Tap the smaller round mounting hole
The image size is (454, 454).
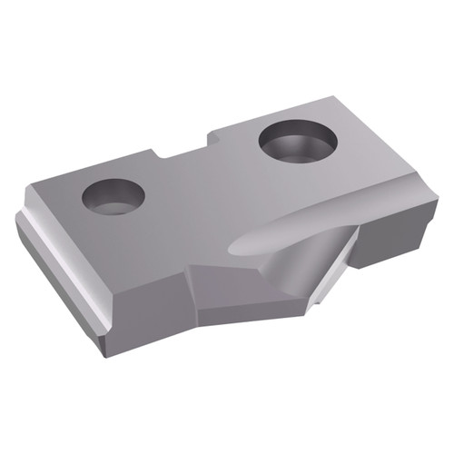click(113, 195)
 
